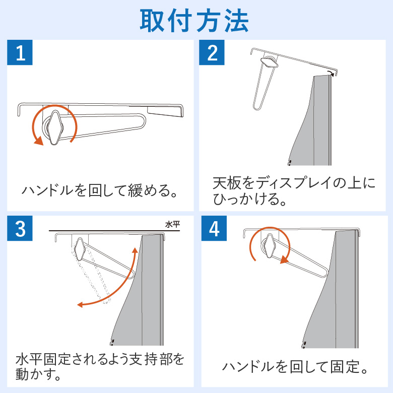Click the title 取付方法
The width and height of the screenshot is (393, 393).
click(194, 21)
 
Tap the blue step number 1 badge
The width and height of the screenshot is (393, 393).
click(20, 52)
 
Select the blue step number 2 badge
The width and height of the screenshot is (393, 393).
click(212, 52)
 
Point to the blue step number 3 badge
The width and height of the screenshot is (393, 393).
click(20, 228)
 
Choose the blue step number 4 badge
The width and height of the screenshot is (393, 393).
click(214, 228)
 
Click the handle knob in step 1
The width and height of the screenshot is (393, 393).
click(54, 127)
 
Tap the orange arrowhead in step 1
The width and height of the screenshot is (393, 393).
click(38, 141)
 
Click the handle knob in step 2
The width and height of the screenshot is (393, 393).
click(270, 62)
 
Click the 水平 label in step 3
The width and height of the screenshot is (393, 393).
click(173, 224)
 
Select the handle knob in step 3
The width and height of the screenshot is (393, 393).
click(80, 249)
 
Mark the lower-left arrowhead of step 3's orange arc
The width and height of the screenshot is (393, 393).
click(81, 305)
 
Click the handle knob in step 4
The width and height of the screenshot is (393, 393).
click(269, 246)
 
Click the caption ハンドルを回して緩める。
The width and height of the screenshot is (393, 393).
click(100, 190)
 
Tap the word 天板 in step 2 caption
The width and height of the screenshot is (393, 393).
click(227, 183)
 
